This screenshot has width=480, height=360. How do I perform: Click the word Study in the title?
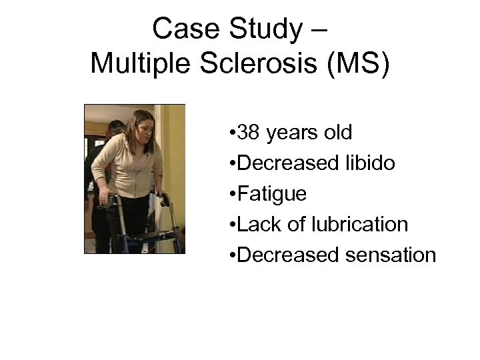pyautogui.click(x=256, y=29)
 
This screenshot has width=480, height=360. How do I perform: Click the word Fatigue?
pyautogui.click(x=272, y=194)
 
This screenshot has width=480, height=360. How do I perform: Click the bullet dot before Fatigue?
pyautogui.click(x=231, y=195)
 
